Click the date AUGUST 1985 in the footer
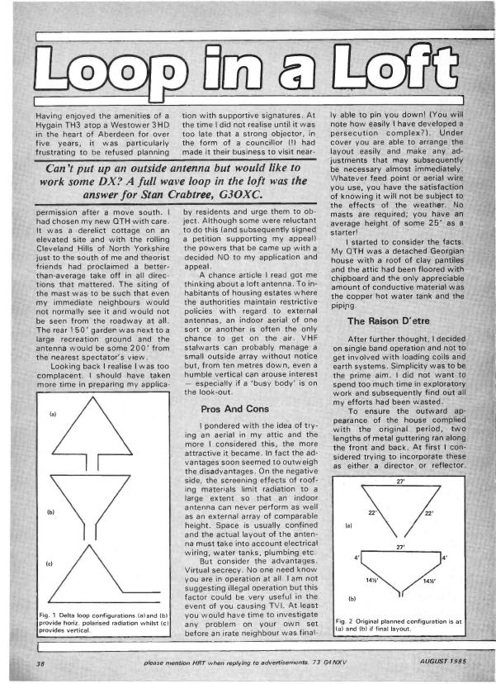click(435, 660)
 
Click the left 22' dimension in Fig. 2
click(371, 512)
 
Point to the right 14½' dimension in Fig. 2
click(429, 582)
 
